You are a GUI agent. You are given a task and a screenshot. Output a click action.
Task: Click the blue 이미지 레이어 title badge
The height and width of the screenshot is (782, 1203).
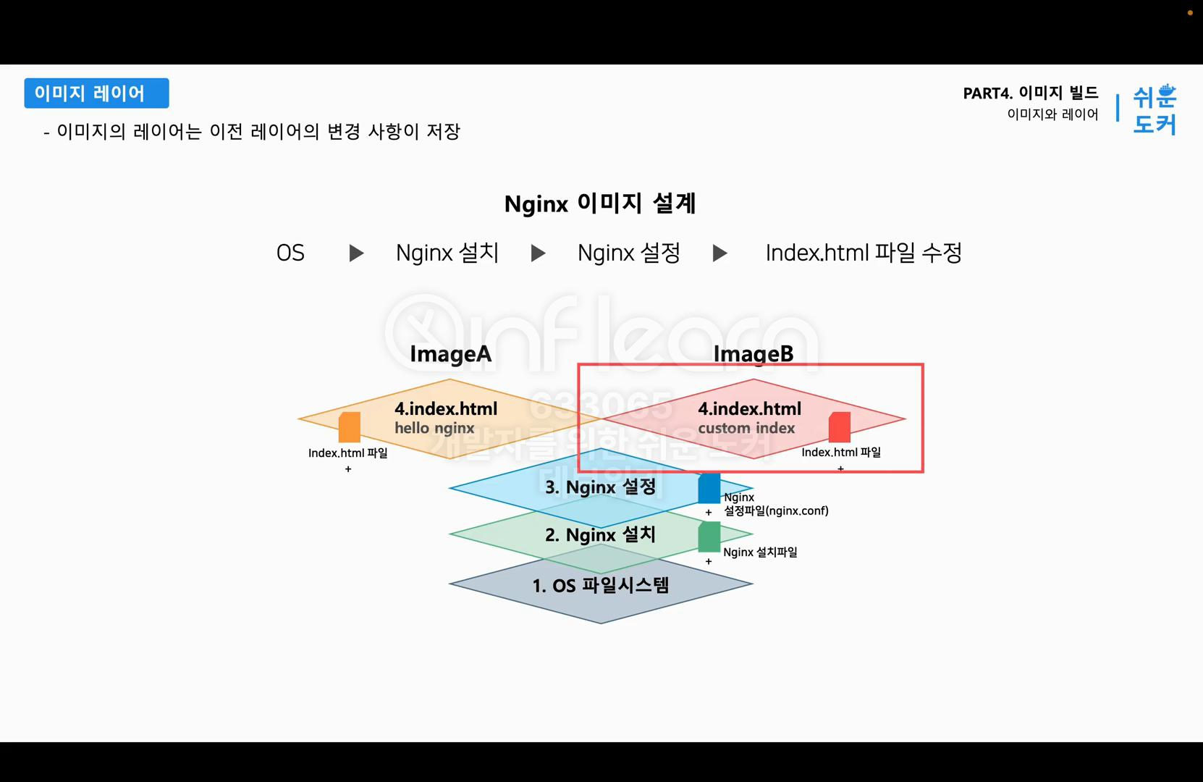point(96,93)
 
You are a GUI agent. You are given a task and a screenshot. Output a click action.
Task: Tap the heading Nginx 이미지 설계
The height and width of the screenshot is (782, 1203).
point(600,203)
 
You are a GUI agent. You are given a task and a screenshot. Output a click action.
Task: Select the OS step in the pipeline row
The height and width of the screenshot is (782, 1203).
point(290,253)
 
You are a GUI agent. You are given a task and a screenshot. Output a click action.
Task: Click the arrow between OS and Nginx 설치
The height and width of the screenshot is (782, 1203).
point(356,253)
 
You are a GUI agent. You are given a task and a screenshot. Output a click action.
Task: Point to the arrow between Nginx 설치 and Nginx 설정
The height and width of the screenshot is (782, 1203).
point(538,253)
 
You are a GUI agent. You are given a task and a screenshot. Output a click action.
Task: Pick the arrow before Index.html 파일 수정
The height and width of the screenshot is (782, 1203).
point(719,253)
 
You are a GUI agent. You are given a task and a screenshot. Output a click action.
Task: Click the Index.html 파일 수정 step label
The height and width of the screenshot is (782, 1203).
point(863,253)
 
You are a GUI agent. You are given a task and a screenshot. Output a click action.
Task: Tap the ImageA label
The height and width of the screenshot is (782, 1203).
point(450,354)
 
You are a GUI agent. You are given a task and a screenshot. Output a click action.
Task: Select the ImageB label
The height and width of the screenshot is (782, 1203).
point(753,354)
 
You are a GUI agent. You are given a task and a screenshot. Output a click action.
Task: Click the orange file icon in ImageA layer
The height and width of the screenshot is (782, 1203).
point(350,427)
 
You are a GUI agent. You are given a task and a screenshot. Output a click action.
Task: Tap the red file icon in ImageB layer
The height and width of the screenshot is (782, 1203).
point(840,427)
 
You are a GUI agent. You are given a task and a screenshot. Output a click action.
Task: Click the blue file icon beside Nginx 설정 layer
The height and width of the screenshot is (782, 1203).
point(709,489)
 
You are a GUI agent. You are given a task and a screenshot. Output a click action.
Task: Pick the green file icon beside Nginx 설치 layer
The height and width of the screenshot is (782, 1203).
point(709,537)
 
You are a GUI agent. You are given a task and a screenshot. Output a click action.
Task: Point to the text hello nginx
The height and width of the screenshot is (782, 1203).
point(434,428)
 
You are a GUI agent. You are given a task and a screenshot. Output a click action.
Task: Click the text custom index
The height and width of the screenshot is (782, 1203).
point(746,428)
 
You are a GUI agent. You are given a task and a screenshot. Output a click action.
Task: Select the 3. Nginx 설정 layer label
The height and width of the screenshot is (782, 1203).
point(600,487)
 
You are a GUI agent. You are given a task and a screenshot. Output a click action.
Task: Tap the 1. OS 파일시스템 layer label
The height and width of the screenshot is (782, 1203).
point(600,585)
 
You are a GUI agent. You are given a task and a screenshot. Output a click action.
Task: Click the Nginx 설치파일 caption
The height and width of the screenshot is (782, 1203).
point(760,552)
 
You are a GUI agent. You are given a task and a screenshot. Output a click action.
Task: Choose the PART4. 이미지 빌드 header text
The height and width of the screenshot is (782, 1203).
point(1030,93)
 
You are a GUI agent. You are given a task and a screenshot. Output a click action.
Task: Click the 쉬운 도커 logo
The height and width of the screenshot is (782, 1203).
point(1155,109)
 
